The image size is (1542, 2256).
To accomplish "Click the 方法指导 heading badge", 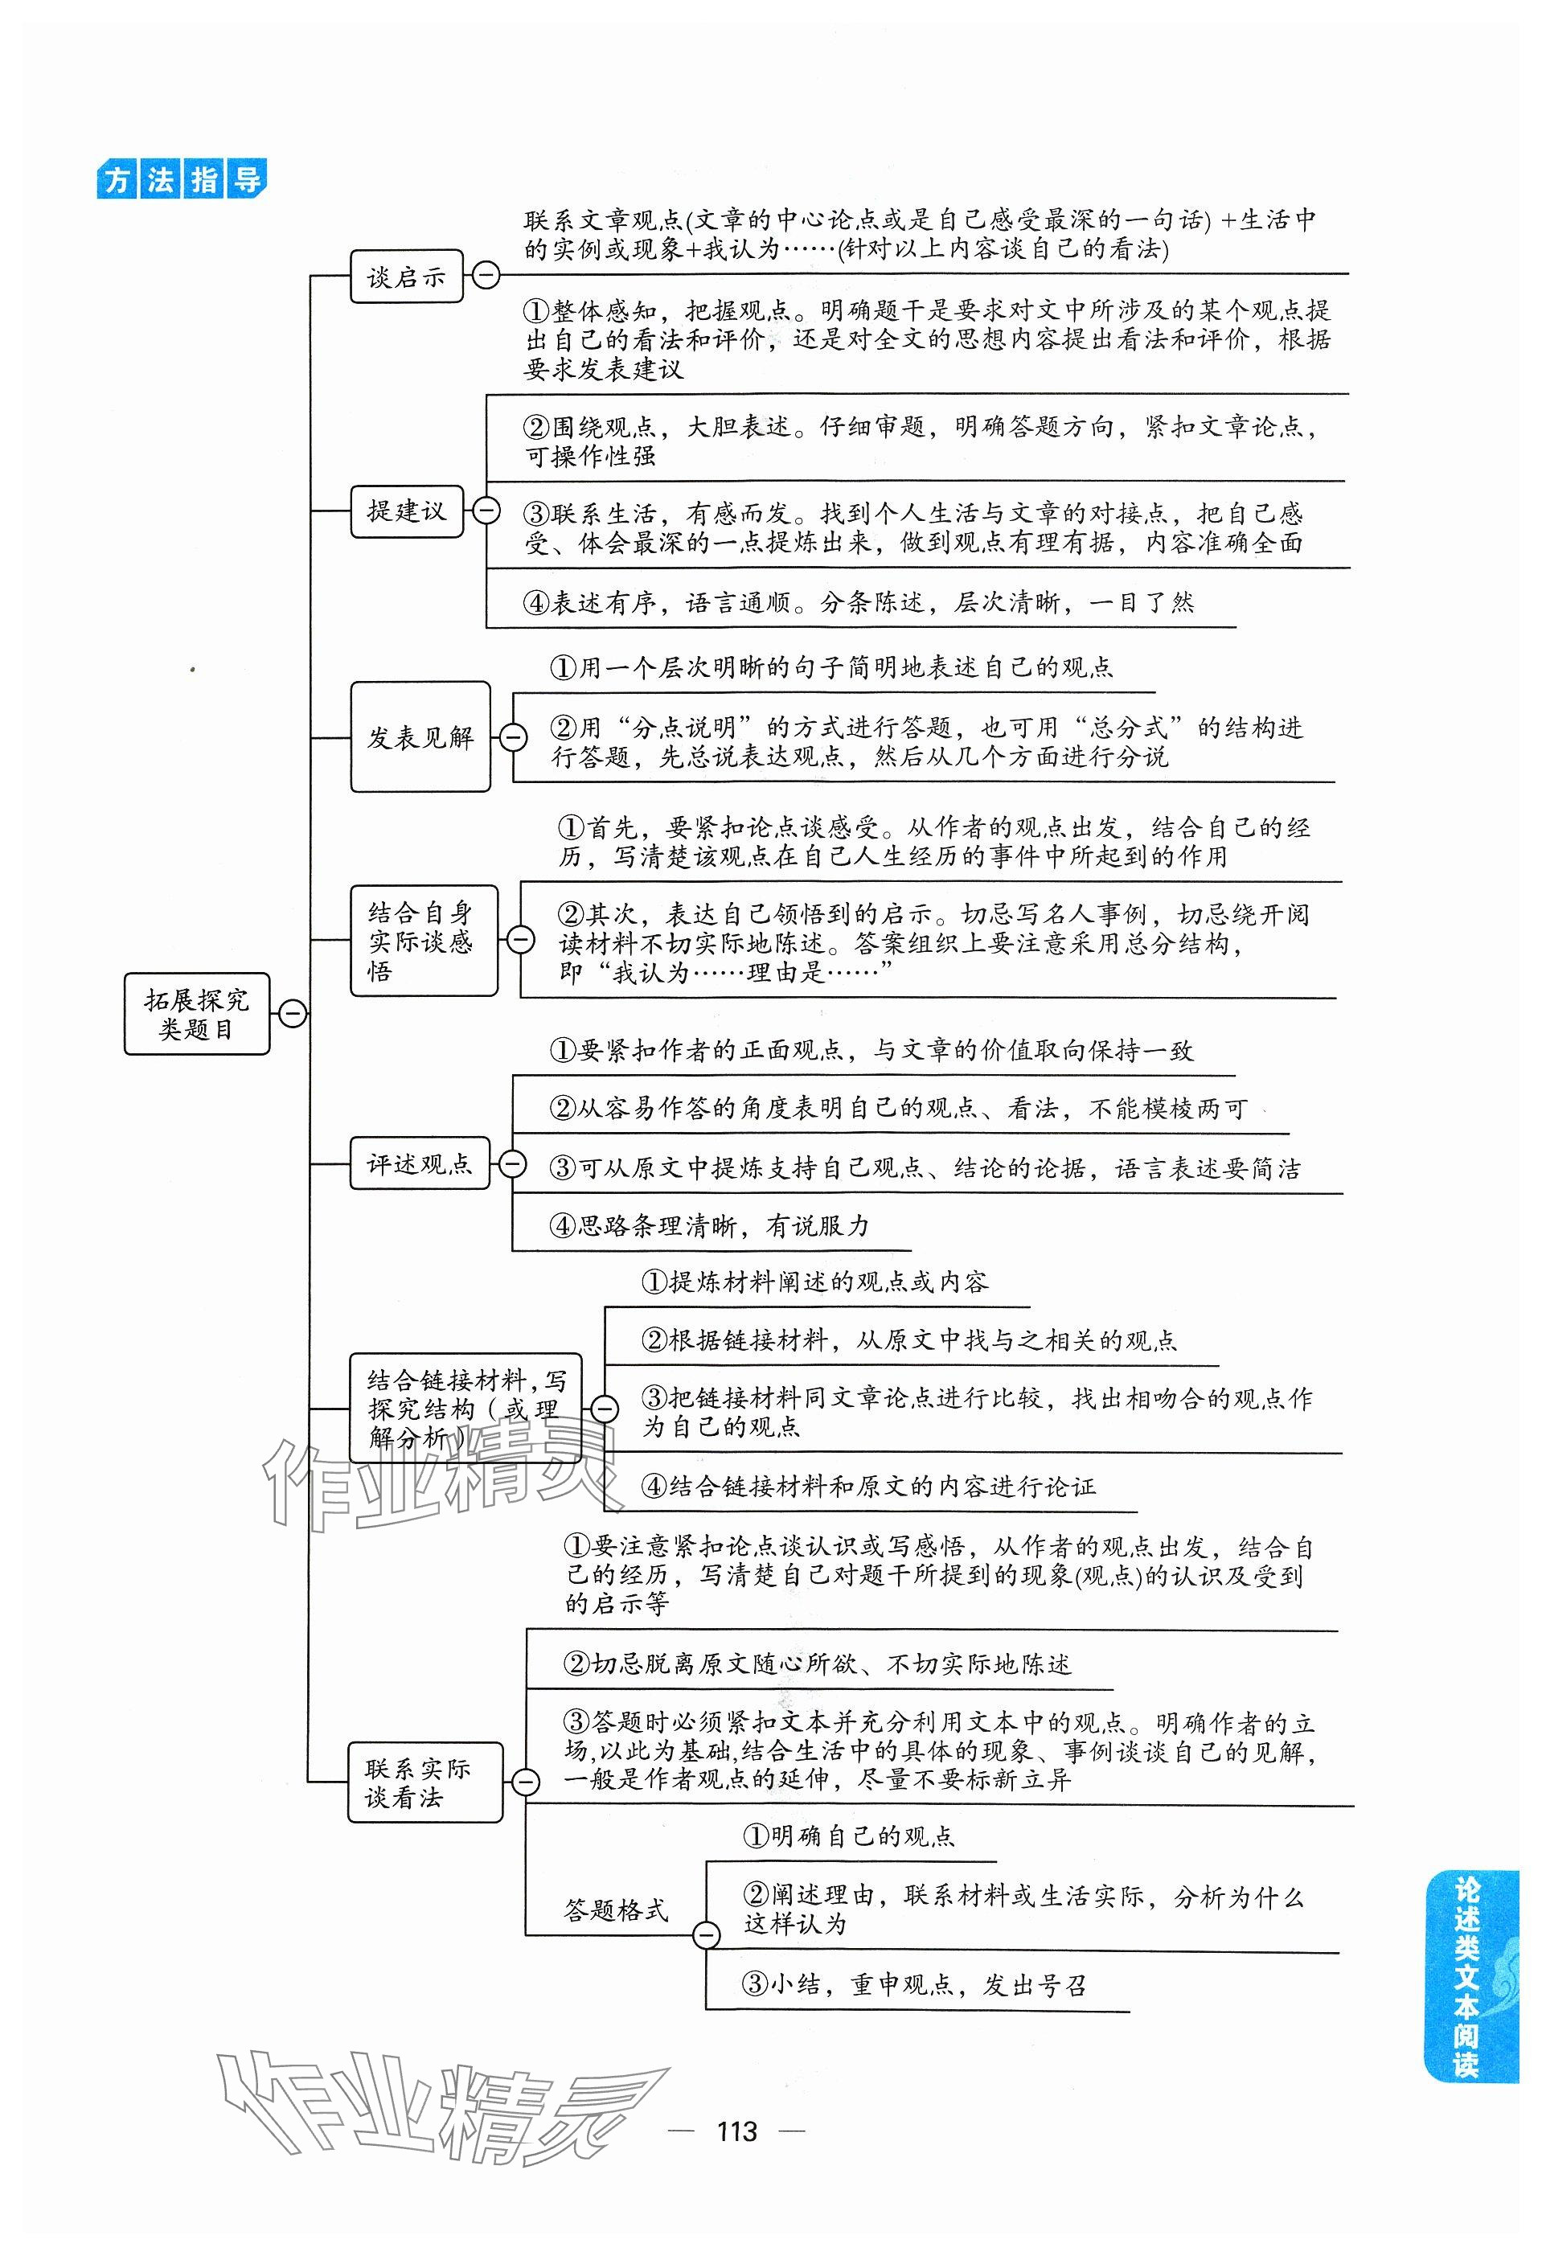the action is point(182,179).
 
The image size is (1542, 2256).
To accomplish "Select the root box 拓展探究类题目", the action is point(196,1014).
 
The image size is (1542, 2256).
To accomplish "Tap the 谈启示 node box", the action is point(406,277).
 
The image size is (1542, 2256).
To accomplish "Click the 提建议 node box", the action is point(406,510).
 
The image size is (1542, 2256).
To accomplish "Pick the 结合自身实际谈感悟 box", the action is point(422,940).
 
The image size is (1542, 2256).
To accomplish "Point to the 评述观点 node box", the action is point(418,1163).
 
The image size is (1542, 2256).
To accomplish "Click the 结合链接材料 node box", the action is point(465,1408).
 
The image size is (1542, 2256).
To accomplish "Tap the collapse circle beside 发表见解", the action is point(512,738).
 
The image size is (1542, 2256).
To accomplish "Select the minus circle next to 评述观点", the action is point(512,1163).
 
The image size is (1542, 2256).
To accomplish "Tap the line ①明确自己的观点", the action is point(849,1836).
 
